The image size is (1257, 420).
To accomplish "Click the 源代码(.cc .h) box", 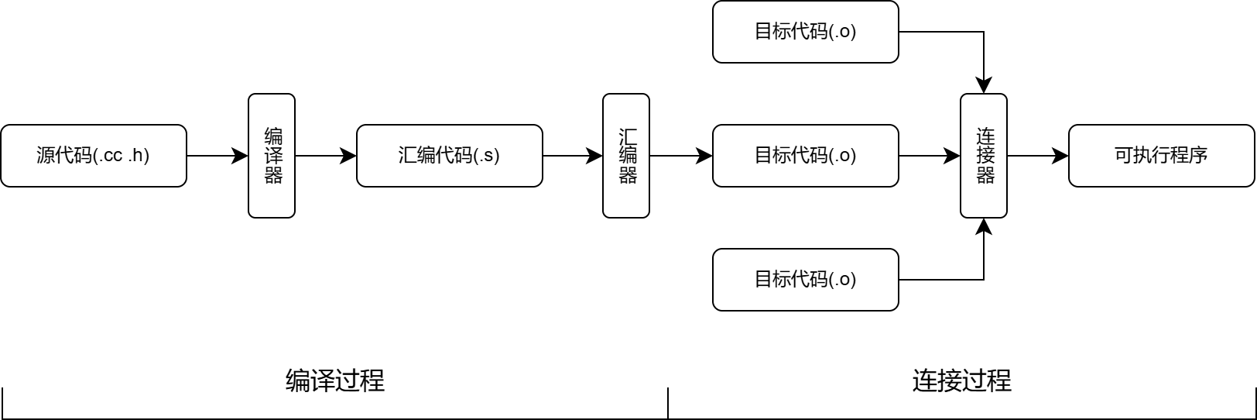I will coord(94,156).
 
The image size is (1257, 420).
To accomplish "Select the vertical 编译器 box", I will coord(272,156).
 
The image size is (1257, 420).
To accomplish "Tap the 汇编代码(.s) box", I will coord(450,156).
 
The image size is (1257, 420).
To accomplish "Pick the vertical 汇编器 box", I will coord(626,156).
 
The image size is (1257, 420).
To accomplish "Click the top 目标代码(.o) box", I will coord(806,32).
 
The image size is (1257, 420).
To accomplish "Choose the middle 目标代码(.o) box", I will coord(806,156).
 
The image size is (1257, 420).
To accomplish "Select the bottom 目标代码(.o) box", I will coord(806,280).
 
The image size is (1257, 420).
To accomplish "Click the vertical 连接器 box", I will coord(984,156).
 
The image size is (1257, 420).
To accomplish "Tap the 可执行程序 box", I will coord(1161,156).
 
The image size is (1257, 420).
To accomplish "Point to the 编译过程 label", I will coord(335,380).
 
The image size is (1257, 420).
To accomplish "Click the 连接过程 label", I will coord(962,380).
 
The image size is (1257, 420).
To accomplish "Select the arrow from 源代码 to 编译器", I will coord(217,156).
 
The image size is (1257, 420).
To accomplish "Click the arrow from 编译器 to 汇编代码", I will coord(325,156).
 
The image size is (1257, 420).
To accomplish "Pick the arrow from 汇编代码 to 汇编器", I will coord(572,156).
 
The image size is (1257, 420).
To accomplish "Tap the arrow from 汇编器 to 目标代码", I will coord(680,156).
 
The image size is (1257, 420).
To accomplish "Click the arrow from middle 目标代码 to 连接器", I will coord(929,156).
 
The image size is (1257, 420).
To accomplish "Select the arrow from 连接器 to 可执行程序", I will coord(1037,156).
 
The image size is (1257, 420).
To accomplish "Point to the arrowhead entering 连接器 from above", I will coord(984,86).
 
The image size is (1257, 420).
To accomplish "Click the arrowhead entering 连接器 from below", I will coord(984,226).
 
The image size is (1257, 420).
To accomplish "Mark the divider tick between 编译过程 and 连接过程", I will coord(668,403).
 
